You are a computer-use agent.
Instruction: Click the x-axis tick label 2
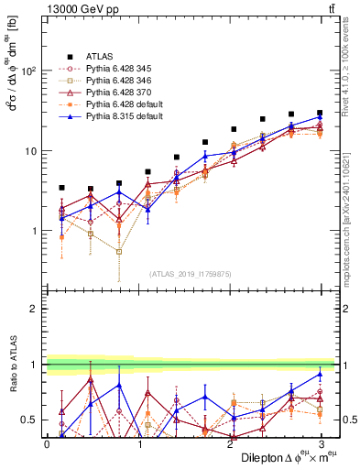[229, 443]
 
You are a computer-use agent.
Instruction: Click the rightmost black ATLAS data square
[320, 113]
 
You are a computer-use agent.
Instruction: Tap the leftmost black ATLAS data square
[61, 188]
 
